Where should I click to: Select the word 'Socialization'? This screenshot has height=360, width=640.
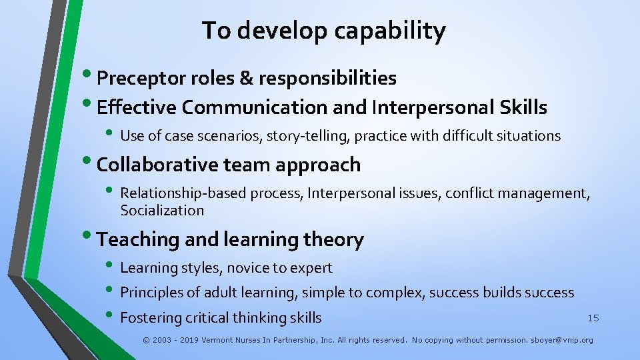tap(162, 211)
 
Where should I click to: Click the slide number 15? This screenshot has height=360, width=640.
tap(593, 318)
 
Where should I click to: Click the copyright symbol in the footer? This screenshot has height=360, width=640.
tap(147, 340)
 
